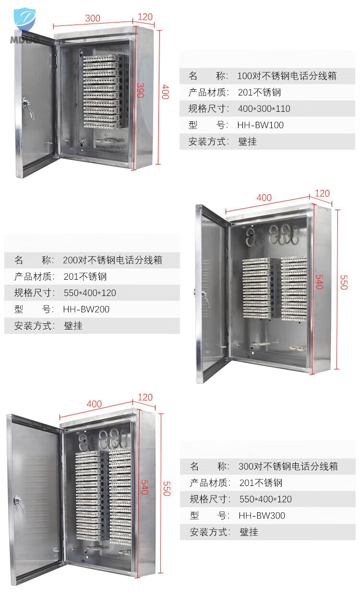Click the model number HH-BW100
click(x=260, y=125)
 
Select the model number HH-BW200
click(x=86, y=309)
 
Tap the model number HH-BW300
click(x=262, y=516)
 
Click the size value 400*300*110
click(x=264, y=109)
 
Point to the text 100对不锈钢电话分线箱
click(x=287, y=76)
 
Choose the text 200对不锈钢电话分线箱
click(x=112, y=261)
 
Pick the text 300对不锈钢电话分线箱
click(x=288, y=466)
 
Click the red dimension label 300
click(x=93, y=18)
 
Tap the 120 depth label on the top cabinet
click(x=145, y=17)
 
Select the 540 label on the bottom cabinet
click(x=145, y=486)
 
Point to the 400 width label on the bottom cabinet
click(x=94, y=404)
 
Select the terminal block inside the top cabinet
click(x=102, y=91)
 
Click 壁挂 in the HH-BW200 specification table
click(x=73, y=326)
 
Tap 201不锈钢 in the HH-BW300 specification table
click(x=261, y=483)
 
